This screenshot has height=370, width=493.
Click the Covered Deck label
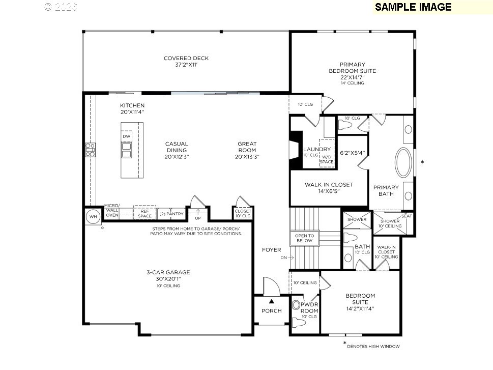pos(186,62)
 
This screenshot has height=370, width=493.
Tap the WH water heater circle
pos(93,216)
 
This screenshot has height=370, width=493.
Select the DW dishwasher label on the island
pos(126,136)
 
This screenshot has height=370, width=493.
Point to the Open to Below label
pos(305,238)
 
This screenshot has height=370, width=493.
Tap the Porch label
pos(272,310)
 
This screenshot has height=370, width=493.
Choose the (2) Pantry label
pos(171,214)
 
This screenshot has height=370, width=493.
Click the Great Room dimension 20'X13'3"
pos(247,157)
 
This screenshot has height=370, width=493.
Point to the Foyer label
pos(271,250)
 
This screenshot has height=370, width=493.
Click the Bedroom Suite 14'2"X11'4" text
pos(360,302)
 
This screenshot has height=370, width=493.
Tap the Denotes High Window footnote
pos(373,347)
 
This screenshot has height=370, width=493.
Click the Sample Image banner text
pos(413,7)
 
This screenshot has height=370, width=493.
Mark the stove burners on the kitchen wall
pos(90,150)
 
